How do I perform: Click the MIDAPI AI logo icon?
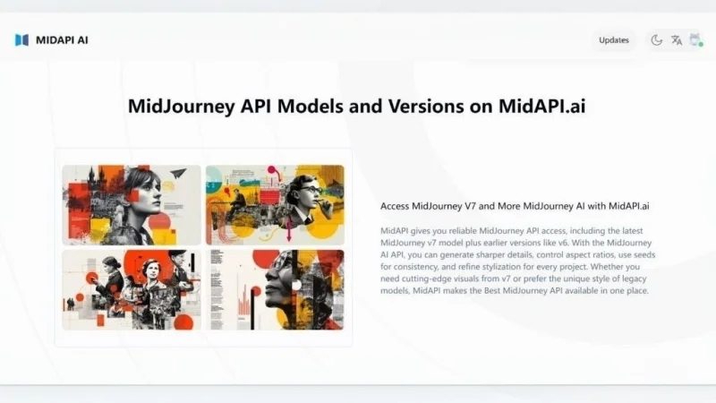click(x=21, y=40)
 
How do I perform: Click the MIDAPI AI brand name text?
click(x=62, y=40)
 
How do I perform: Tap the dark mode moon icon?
click(x=657, y=40)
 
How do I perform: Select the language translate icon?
click(x=677, y=40)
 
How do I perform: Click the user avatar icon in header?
click(x=695, y=39)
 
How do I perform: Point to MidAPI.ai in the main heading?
click(x=541, y=106)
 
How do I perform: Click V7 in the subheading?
click(x=471, y=206)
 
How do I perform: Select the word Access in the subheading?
click(x=395, y=206)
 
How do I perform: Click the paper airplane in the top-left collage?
click(x=178, y=173)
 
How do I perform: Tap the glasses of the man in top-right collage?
click(x=312, y=189)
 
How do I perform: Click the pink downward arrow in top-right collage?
click(x=288, y=229)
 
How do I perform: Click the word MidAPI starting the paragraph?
click(x=395, y=231)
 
